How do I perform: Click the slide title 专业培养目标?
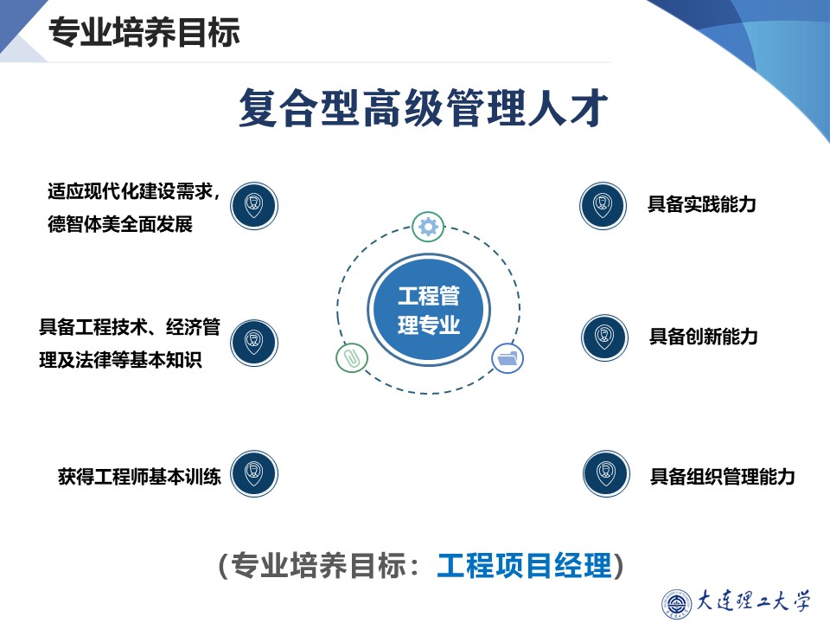click(144, 33)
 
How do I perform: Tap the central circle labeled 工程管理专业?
click(429, 311)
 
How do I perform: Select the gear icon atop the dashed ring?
click(428, 227)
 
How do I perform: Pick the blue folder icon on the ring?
click(508, 356)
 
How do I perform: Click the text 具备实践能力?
click(702, 205)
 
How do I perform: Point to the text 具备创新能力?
click(703, 337)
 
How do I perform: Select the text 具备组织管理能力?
click(722, 476)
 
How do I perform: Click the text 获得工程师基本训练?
click(139, 476)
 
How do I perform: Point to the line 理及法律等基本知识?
click(120, 360)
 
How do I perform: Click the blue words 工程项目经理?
click(524, 566)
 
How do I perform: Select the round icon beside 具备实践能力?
click(603, 205)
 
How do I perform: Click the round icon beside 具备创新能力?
click(604, 337)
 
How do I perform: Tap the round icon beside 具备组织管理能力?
click(606, 473)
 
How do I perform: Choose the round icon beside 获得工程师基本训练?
click(254, 473)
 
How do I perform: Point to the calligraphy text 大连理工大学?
click(753, 601)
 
